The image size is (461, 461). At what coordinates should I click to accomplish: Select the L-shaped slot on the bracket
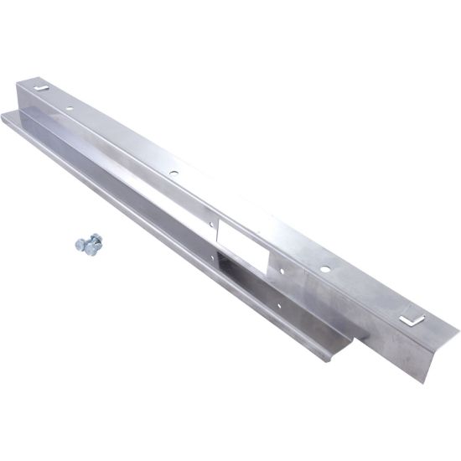(x=411, y=319)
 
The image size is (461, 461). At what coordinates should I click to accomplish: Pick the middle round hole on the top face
(x=174, y=174)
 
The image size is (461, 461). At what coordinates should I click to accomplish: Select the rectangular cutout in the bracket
(x=241, y=242)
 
